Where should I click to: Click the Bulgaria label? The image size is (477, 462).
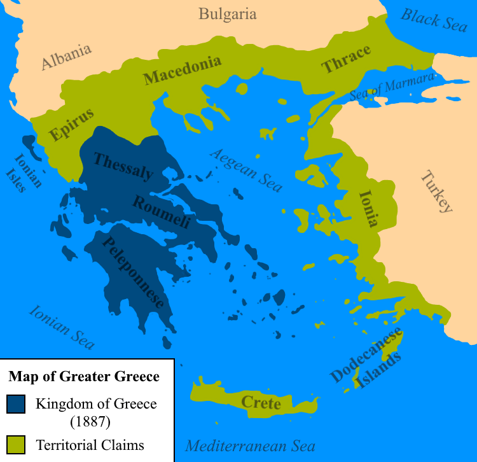click(x=227, y=14)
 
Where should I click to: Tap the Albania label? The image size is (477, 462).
click(x=66, y=57)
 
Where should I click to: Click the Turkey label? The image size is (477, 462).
click(x=436, y=192)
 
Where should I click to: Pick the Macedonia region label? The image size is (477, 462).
click(x=183, y=70)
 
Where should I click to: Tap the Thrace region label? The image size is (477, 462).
click(x=345, y=60)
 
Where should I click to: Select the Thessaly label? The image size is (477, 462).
click(x=123, y=165)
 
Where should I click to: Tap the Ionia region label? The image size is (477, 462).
click(x=369, y=208)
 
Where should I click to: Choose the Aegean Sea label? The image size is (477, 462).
click(x=246, y=170)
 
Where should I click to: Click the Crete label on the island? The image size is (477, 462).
click(x=261, y=403)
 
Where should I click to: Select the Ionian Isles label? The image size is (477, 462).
click(x=24, y=172)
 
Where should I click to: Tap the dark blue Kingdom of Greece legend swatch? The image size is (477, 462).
click(x=17, y=404)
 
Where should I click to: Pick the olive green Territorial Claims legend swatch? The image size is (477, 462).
click(x=17, y=445)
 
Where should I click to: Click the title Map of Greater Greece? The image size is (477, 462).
click(x=84, y=377)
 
